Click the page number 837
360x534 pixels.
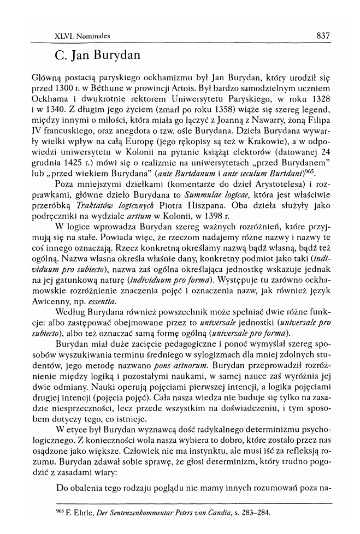[323, 36]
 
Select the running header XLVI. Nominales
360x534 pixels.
[83, 37]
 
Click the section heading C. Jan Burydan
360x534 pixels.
[98, 56]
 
